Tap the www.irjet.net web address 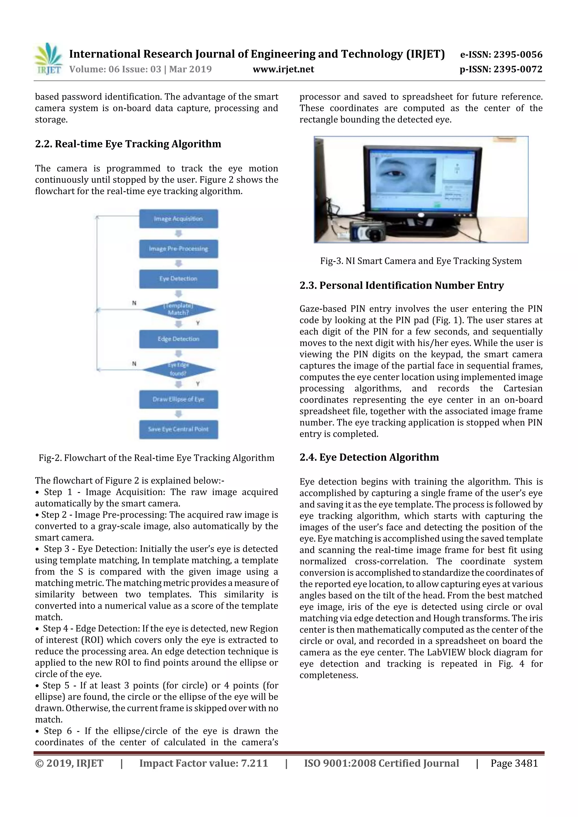coord(283,69)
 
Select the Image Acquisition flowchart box coord(178,219)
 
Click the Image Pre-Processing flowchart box coord(178,249)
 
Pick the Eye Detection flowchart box coord(178,279)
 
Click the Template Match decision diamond coord(178,309)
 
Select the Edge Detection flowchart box coord(178,339)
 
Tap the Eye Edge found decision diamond coord(178,369)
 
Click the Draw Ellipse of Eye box coord(178,399)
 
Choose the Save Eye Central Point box coord(178,429)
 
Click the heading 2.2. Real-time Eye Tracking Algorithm coord(128,144)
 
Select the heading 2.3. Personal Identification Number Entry coord(401,285)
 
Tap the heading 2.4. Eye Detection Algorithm coord(369,457)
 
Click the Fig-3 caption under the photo coord(421,261)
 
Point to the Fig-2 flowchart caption coord(156,458)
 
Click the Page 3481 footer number coord(514,763)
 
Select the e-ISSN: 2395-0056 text coord(501,54)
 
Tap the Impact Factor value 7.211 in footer coord(203,763)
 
